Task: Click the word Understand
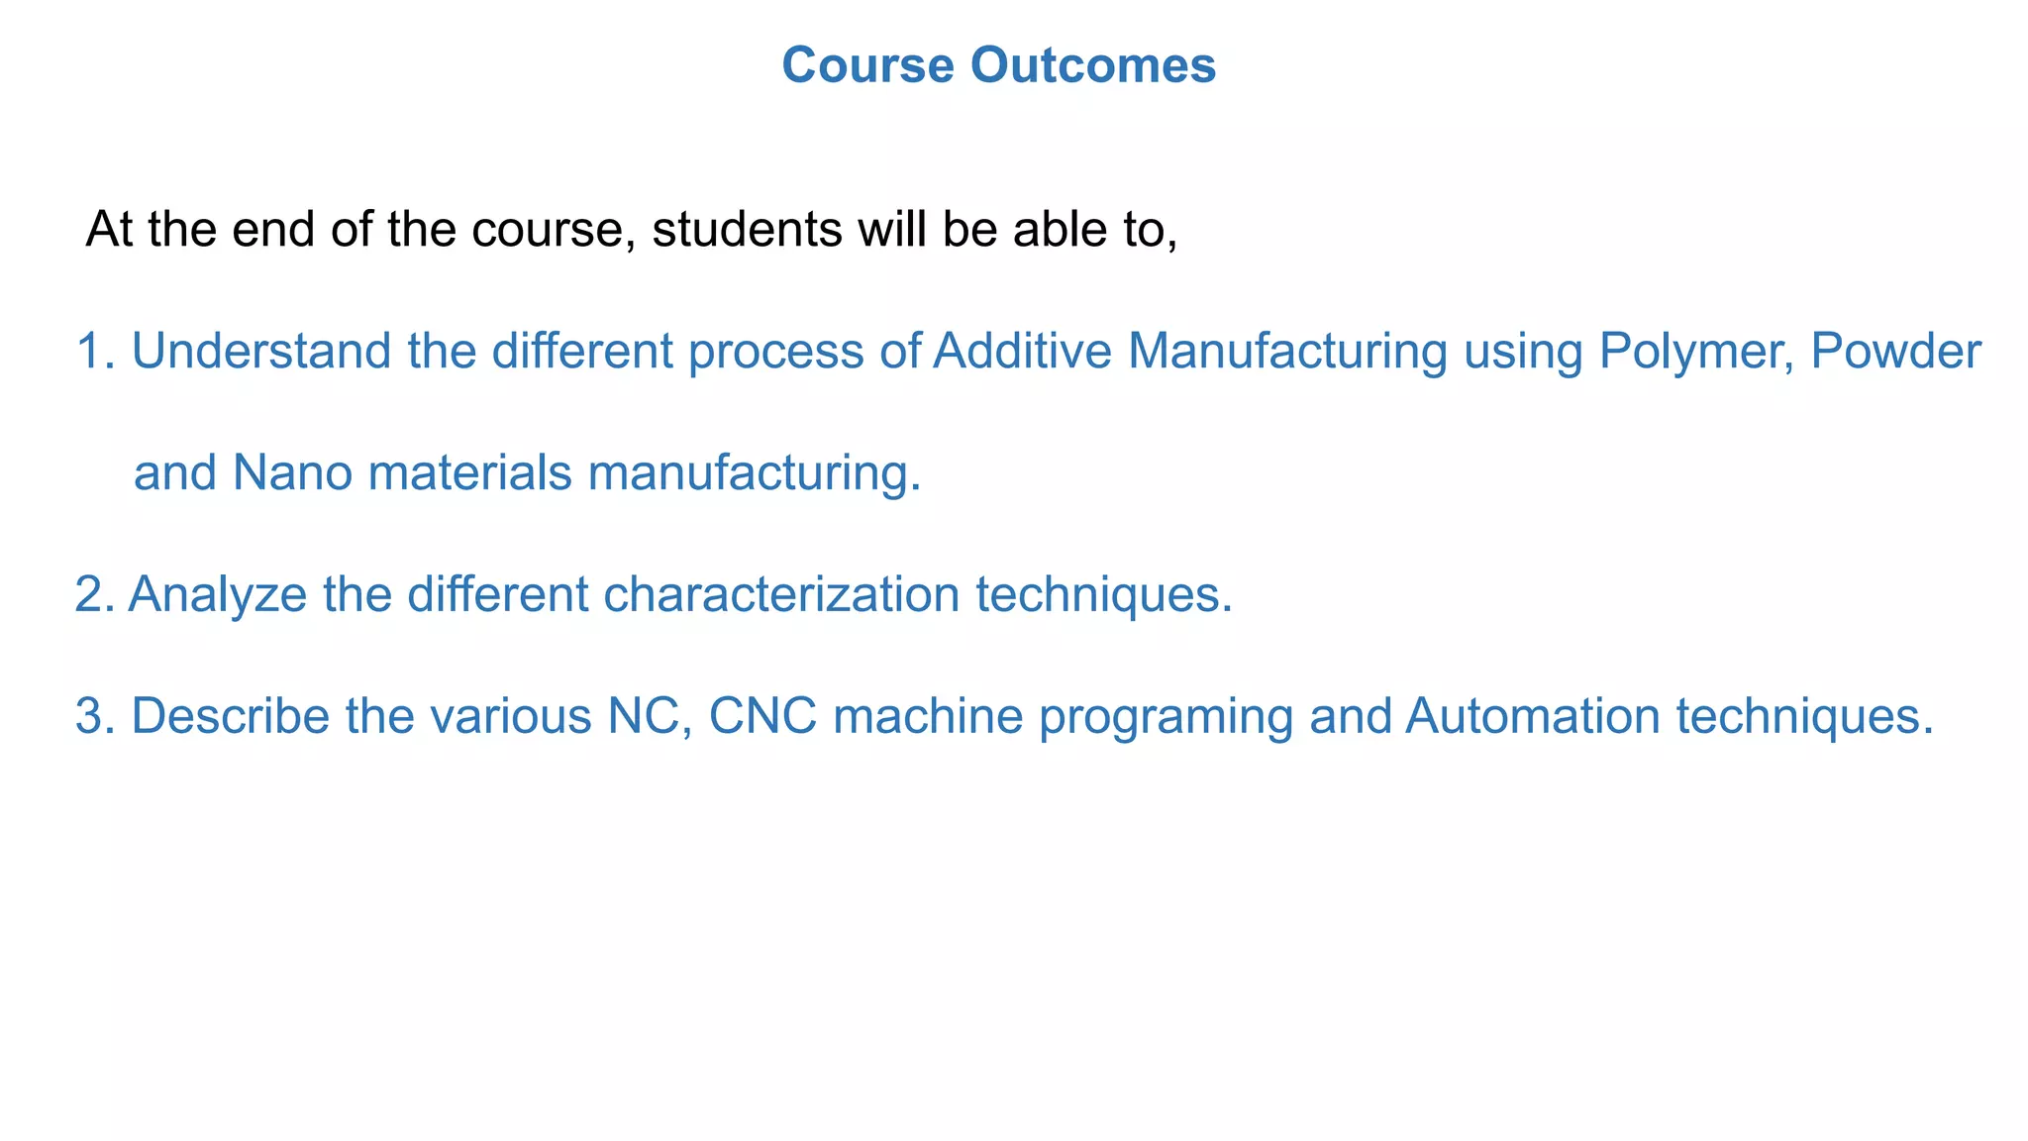[x=259, y=352]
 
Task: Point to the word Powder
[x=1895, y=352]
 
